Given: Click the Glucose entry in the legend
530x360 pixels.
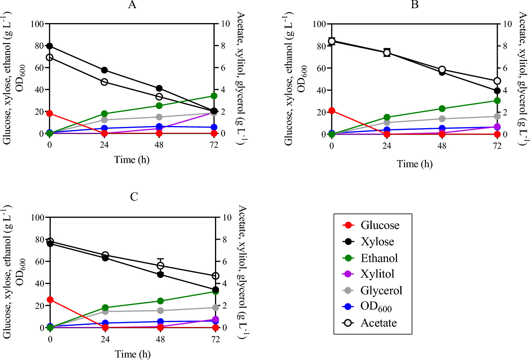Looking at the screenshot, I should (x=380, y=225).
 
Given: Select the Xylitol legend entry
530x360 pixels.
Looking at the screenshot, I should (x=377, y=274).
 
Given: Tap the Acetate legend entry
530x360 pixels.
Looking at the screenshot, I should (x=378, y=323).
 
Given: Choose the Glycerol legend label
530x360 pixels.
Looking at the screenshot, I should (x=381, y=290).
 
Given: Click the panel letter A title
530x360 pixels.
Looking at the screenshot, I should (x=132, y=5).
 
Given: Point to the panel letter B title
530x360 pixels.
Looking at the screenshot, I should (x=414, y=5).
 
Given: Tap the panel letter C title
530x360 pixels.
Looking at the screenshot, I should (x=134, y=197).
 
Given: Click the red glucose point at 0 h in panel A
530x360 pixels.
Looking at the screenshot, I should (x=50, y=113).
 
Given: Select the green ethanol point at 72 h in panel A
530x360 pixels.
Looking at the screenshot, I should (x=214, y=96).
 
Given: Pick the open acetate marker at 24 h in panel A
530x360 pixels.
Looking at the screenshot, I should (x=104, y=82).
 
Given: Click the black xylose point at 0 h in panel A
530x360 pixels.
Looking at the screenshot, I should (x=50, y=46).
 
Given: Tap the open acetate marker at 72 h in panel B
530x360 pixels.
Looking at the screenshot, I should (x=497, y=81).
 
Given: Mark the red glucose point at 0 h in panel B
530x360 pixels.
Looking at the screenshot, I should (x=332, y=111).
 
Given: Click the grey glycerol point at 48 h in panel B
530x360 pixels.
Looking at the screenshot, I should (x=442, y=119).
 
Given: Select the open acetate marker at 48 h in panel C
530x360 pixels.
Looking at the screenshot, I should (x=160, y=266).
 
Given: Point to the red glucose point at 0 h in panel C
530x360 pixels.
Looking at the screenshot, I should (x=50, y=300).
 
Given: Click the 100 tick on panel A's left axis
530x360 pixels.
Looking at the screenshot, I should (x=37, y=24).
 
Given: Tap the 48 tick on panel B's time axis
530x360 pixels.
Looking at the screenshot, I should (x=442, y=146).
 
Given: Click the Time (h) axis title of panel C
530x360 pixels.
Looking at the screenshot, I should (x=133, y=354).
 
